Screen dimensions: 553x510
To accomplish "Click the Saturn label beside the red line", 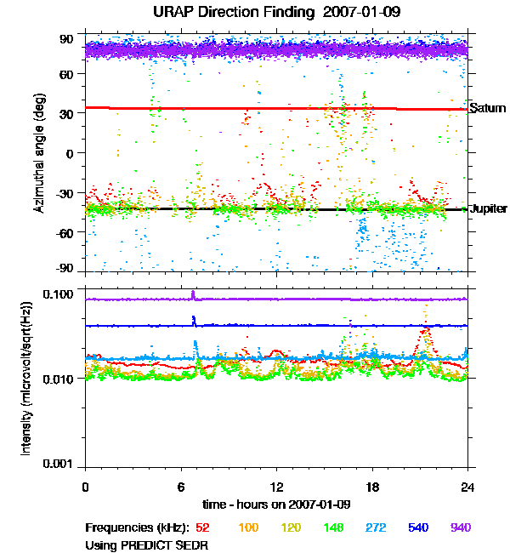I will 487,109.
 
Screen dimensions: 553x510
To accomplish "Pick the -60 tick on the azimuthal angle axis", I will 65,231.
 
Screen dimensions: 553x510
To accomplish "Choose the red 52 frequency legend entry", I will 203,527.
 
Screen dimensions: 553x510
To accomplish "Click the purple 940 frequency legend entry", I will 460,527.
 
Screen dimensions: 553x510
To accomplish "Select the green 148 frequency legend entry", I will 334,527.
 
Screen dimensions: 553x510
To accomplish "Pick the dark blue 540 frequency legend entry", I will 418,527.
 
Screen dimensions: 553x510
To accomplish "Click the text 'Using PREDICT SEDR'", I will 146,544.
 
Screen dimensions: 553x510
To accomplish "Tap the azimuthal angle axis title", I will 40,154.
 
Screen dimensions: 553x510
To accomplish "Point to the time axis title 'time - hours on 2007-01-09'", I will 276,503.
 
